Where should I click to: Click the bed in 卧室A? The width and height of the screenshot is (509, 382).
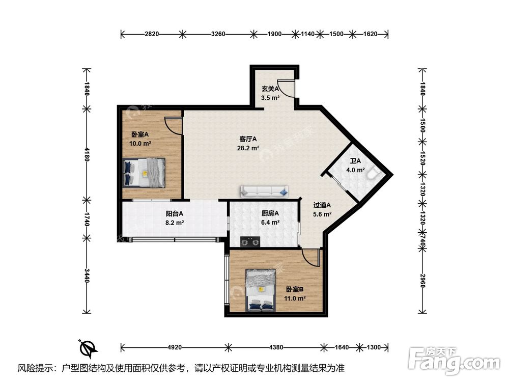pos(144,173)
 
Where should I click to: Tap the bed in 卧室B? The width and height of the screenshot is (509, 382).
pos(261,290)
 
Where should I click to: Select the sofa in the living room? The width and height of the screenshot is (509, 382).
pos(264,192)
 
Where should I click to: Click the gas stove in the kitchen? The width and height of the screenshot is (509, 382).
pos(250,241)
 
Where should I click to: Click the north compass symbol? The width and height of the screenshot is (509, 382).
pos(88,348)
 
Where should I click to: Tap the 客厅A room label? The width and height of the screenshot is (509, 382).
pos(248,139)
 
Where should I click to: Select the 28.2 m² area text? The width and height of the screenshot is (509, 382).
pos(248,148)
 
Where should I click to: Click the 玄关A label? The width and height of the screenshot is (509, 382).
pos(270,88)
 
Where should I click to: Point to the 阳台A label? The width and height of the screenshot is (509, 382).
pos(175,213)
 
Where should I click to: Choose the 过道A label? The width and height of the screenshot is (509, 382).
pos(322,205)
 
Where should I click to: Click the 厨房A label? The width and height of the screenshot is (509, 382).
pos(270,213)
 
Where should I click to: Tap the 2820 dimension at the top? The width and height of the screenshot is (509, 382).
pos(152,34)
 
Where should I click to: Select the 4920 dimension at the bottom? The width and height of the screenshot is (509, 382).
pos(175,347)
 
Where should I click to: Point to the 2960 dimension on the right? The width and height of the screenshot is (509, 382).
pos(422,281)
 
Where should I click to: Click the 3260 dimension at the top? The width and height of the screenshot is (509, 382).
pos(218,34)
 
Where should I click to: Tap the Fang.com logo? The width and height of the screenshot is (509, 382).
pos(454,360)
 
